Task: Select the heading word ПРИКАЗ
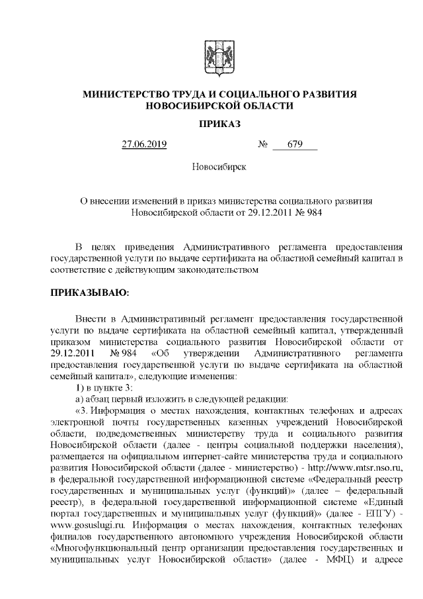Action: [x=211, y=124]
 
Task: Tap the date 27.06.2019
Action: [x=145, y=144]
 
